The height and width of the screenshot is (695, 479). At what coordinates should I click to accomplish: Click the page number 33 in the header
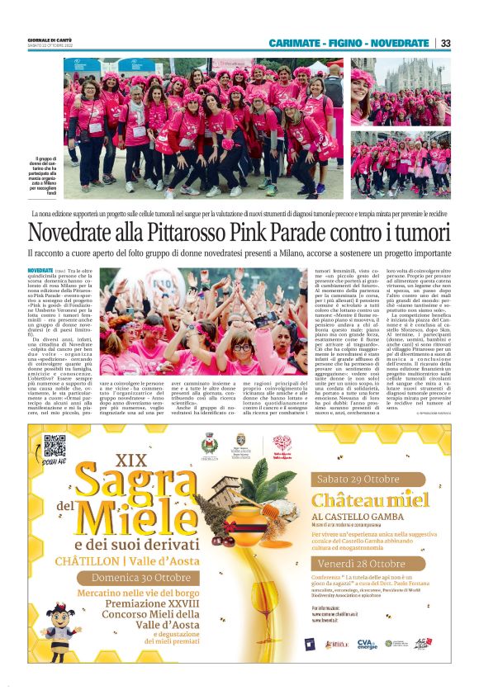click(444, 43)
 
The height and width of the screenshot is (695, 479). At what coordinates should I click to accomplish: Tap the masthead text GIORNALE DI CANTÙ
click(50, 40)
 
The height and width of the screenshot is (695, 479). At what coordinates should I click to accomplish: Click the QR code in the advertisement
click(55, 446)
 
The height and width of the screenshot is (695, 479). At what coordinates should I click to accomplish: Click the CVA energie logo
click(367, 643)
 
